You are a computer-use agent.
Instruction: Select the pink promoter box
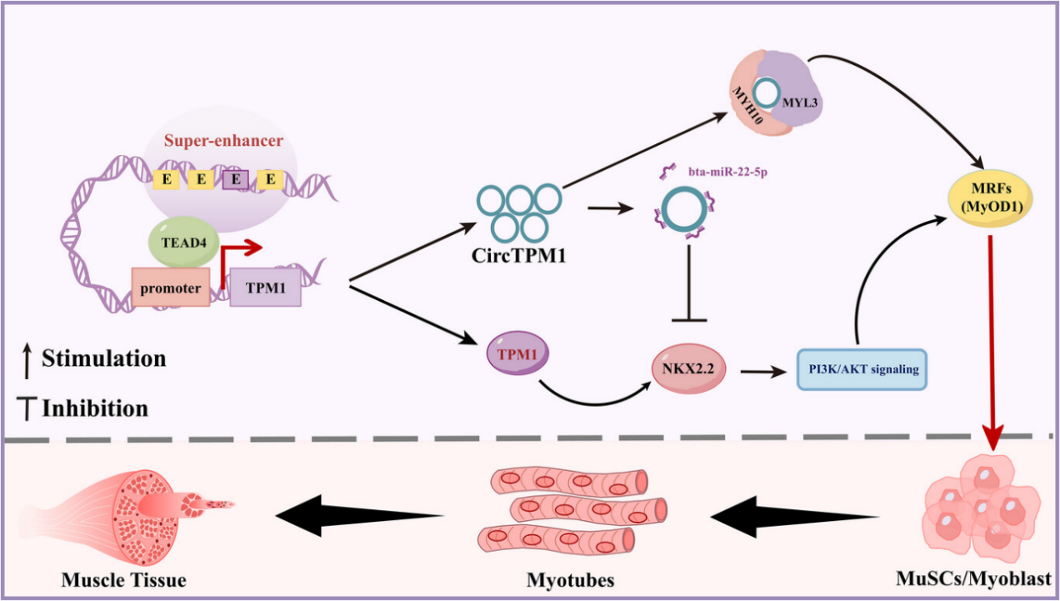click(x=170, y=288)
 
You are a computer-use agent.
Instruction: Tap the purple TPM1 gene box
click(x=266, y=288)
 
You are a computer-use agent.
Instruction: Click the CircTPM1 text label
click(x=518, y=255)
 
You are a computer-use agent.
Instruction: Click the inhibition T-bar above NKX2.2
click(x=689, y=283)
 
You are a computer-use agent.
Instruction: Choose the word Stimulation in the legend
click(x=103, y=358)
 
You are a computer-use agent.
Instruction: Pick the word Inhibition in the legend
click(x=95, y=408)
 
